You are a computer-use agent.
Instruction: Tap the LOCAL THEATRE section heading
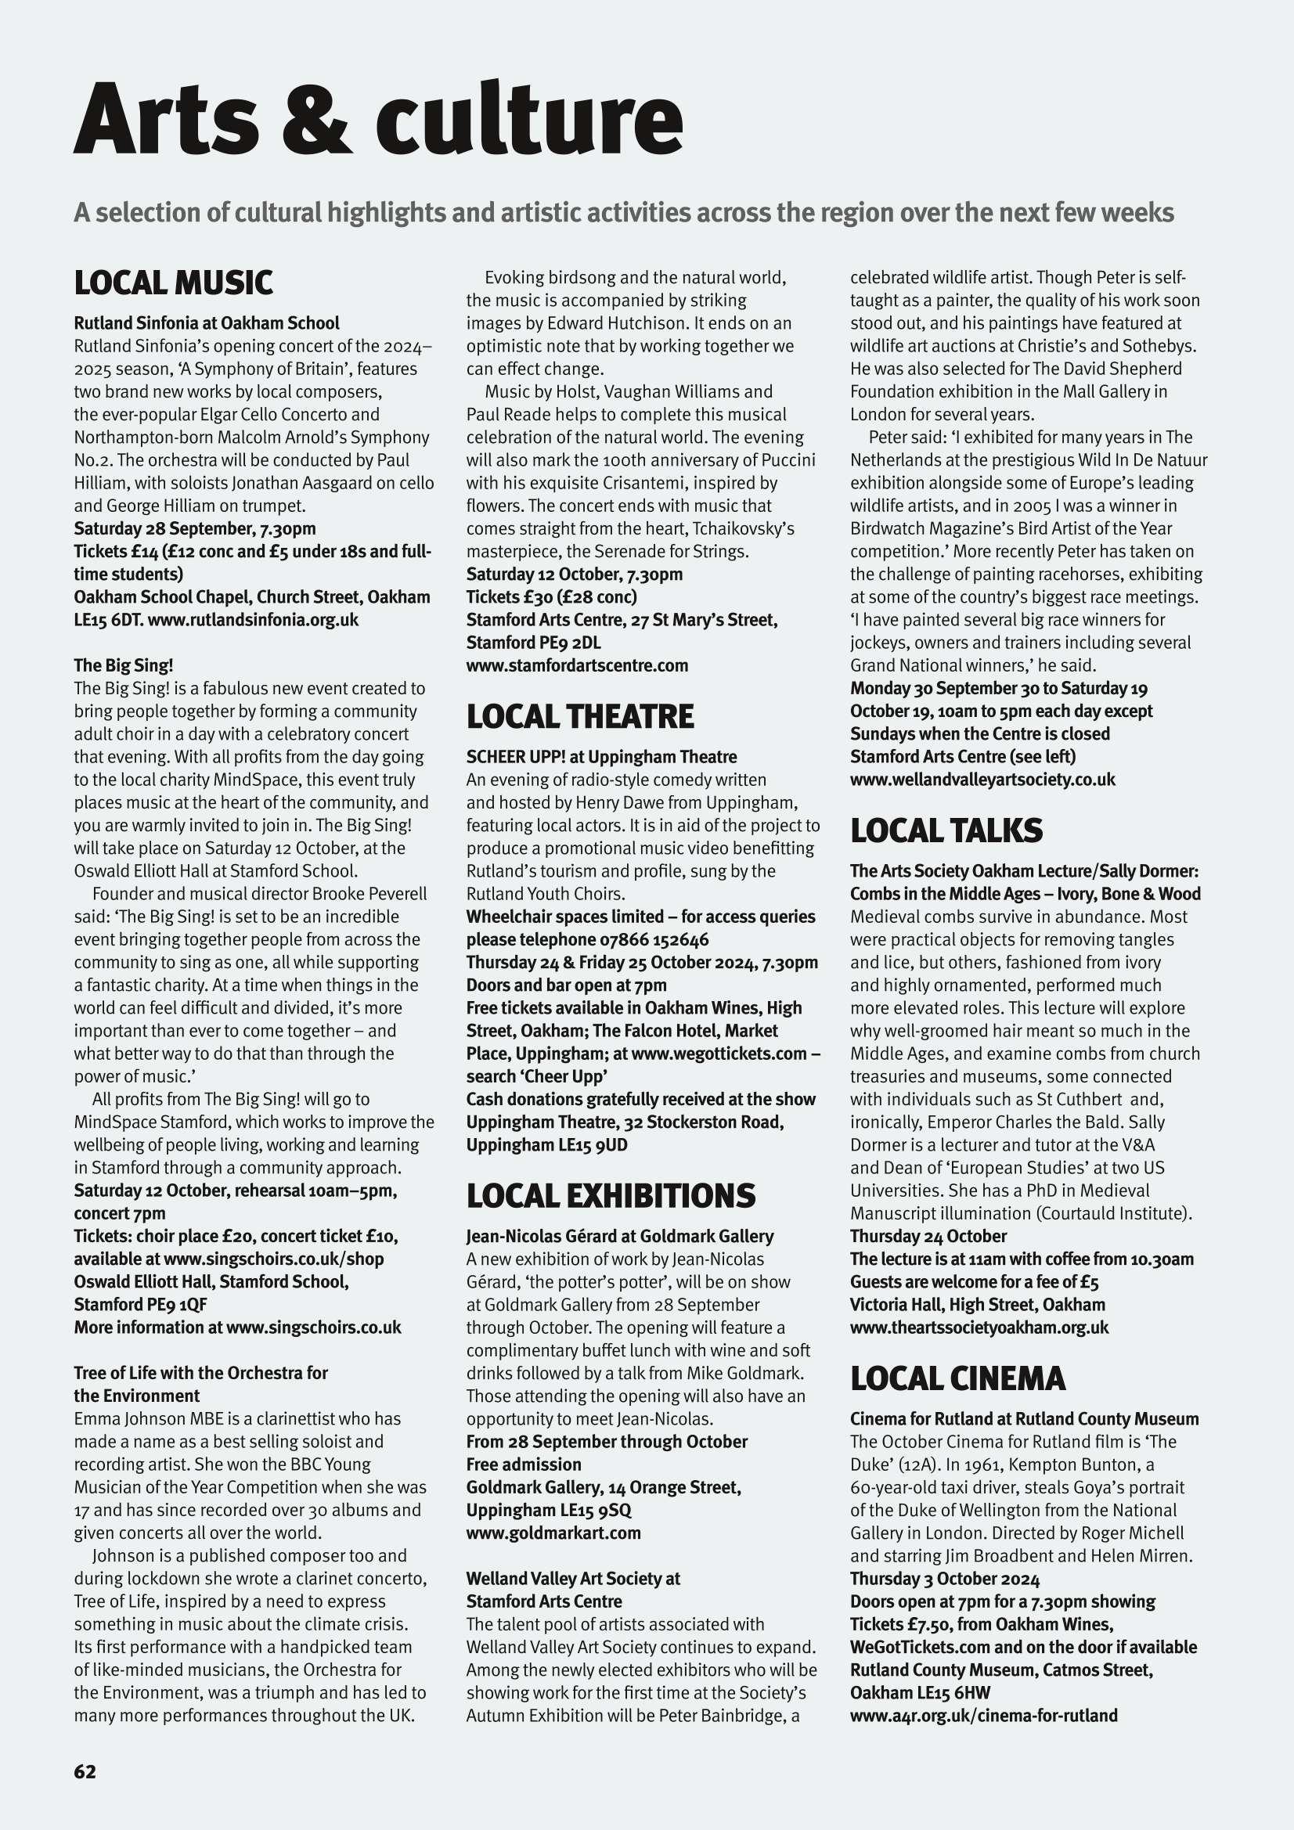579,716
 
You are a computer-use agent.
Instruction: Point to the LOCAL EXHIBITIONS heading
611,1195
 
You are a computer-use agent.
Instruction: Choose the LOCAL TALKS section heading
946,830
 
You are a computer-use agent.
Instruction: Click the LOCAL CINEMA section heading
957,1378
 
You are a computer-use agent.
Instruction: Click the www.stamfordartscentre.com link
576,665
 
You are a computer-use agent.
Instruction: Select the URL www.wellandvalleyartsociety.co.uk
982,779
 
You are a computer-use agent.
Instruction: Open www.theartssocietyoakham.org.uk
979,1327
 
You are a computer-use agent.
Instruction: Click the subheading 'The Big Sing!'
123,665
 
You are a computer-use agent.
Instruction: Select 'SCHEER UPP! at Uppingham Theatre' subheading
601,756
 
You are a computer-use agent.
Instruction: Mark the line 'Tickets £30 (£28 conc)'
551,596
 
